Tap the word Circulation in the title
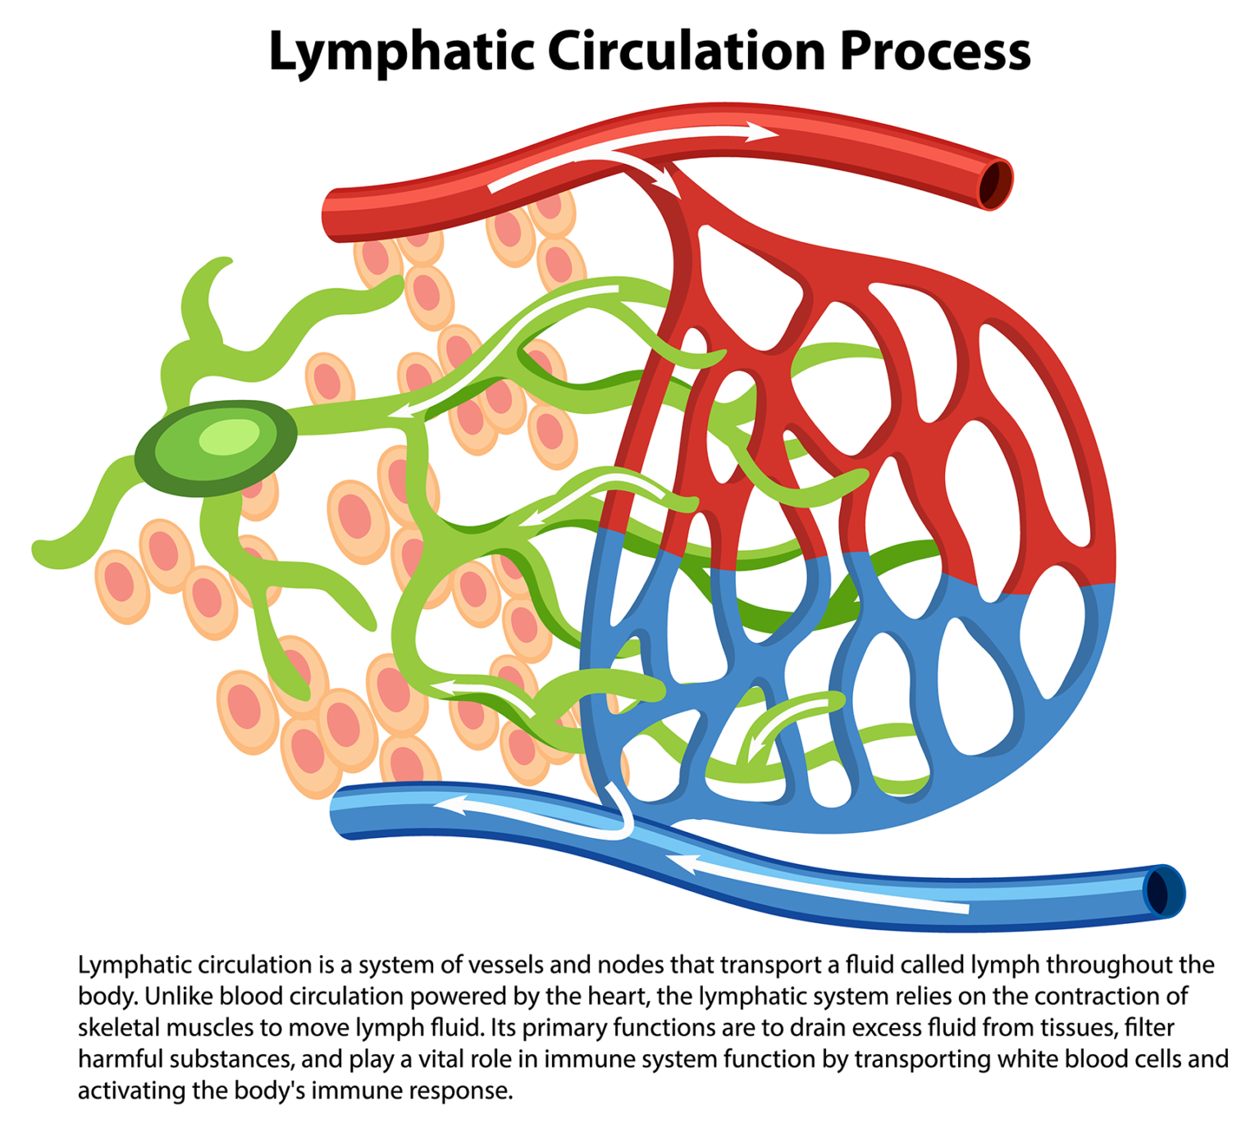coord(686,51)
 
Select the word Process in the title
coord(934,51)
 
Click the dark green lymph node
coord(215,447)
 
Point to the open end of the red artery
coord(995,184)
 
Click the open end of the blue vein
coord(1161,891)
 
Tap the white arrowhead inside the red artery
coord(762,131)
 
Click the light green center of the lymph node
coord(229,436)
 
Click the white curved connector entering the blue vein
coord(623,812)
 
